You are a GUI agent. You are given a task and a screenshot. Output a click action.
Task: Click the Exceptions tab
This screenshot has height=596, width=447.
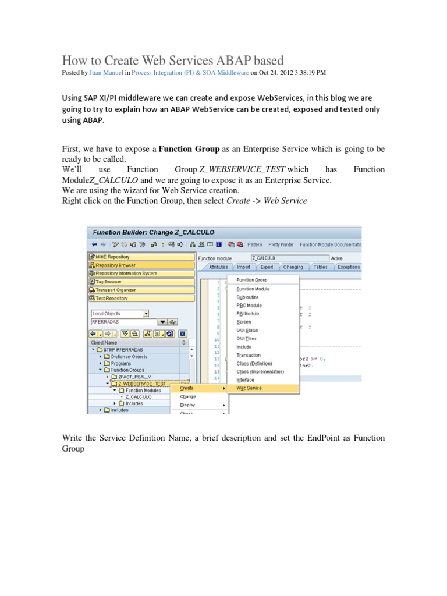pyautogui.click(x=348, y=267)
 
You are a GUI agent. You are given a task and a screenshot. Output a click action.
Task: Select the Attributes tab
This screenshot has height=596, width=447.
pyautogui.click(x=218, y=267)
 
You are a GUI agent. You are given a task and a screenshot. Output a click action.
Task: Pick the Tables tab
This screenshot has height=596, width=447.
pyautogui.click(x=320, y=267)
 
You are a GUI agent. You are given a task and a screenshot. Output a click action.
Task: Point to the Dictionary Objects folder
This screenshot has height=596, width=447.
pyautogui.click(x=129, y=356)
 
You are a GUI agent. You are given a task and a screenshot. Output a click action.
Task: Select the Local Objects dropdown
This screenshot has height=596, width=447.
pyautogui.click(x=120, y=313)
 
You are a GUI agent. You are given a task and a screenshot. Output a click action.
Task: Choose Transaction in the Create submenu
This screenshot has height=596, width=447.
pyautogui.click(x=249, y=355)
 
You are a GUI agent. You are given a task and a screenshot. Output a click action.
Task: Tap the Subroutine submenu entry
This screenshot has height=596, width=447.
pyautogui.click(x=247, y=297)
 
